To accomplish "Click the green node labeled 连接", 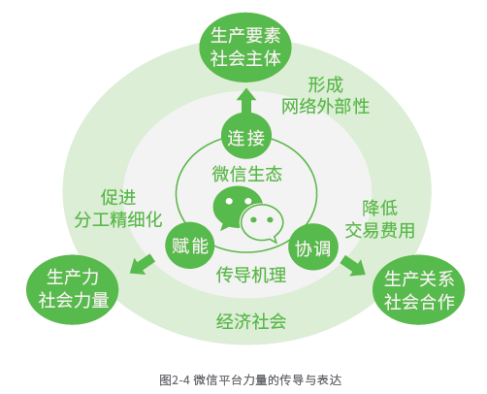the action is (246, 137).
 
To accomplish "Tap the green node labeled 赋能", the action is (189, 246).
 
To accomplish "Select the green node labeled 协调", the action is (313, 247).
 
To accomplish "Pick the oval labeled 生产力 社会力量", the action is (73, 289).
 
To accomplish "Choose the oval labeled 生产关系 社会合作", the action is (419, 290).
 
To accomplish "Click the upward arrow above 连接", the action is (246, 101).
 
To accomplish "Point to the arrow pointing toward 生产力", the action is (142, 265).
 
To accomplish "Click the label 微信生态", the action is (246, 174).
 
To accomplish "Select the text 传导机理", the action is (251, 275).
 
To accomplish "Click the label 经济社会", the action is (251, 321).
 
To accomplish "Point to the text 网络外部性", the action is (325, 106).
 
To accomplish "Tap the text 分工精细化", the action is (118, 219).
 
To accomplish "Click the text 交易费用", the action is (379, 230).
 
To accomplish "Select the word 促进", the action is (118, 197).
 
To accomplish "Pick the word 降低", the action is (379, 208).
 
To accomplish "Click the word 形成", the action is (325, 84).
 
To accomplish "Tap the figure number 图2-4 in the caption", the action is (174, 379).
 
